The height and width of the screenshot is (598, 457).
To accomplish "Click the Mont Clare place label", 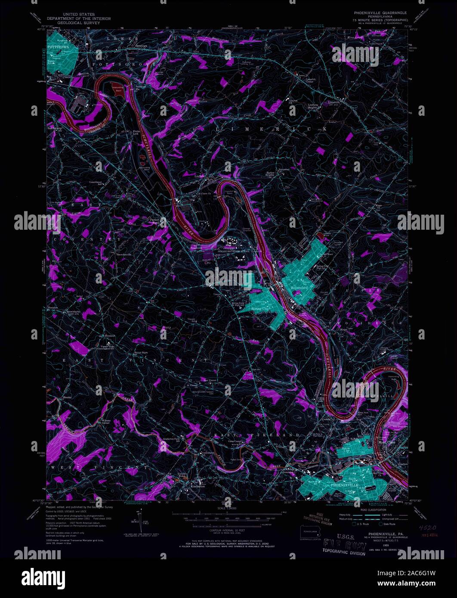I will pyautogui.click(x=386, y=442).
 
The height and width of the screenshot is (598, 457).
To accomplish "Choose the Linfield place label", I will pyautogui.click(x=199, y=176).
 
